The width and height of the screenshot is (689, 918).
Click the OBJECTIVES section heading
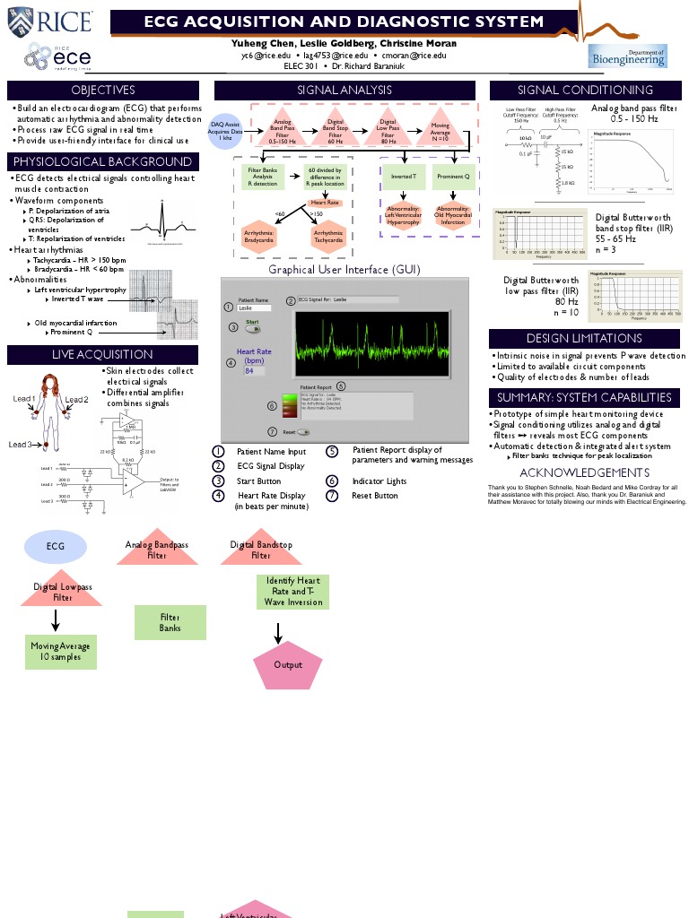pyautogui.click(x=103, y=90)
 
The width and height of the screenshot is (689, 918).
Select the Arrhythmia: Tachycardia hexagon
pyautogui.click(x=327, y=236)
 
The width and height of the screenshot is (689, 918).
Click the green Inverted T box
pyautogui.click(x=403, y=177)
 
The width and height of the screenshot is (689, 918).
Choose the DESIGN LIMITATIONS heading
pyautogui.click(x=583, y=338)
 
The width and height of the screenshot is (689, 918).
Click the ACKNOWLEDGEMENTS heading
pyautogui.click(x=583, y=472)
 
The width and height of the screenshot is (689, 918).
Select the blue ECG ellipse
pyautogui.click(x=56, y=545)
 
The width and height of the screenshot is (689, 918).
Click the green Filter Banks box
pyautogui.click(x=170, y=623)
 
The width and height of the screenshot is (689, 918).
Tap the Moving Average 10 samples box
pyautogui.click(x=60, y=652)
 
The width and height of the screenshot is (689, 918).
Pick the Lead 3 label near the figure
pyautogui.click(x=20, y=445)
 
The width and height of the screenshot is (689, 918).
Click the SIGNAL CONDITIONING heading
pyautogui.click(x=585, y=90)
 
